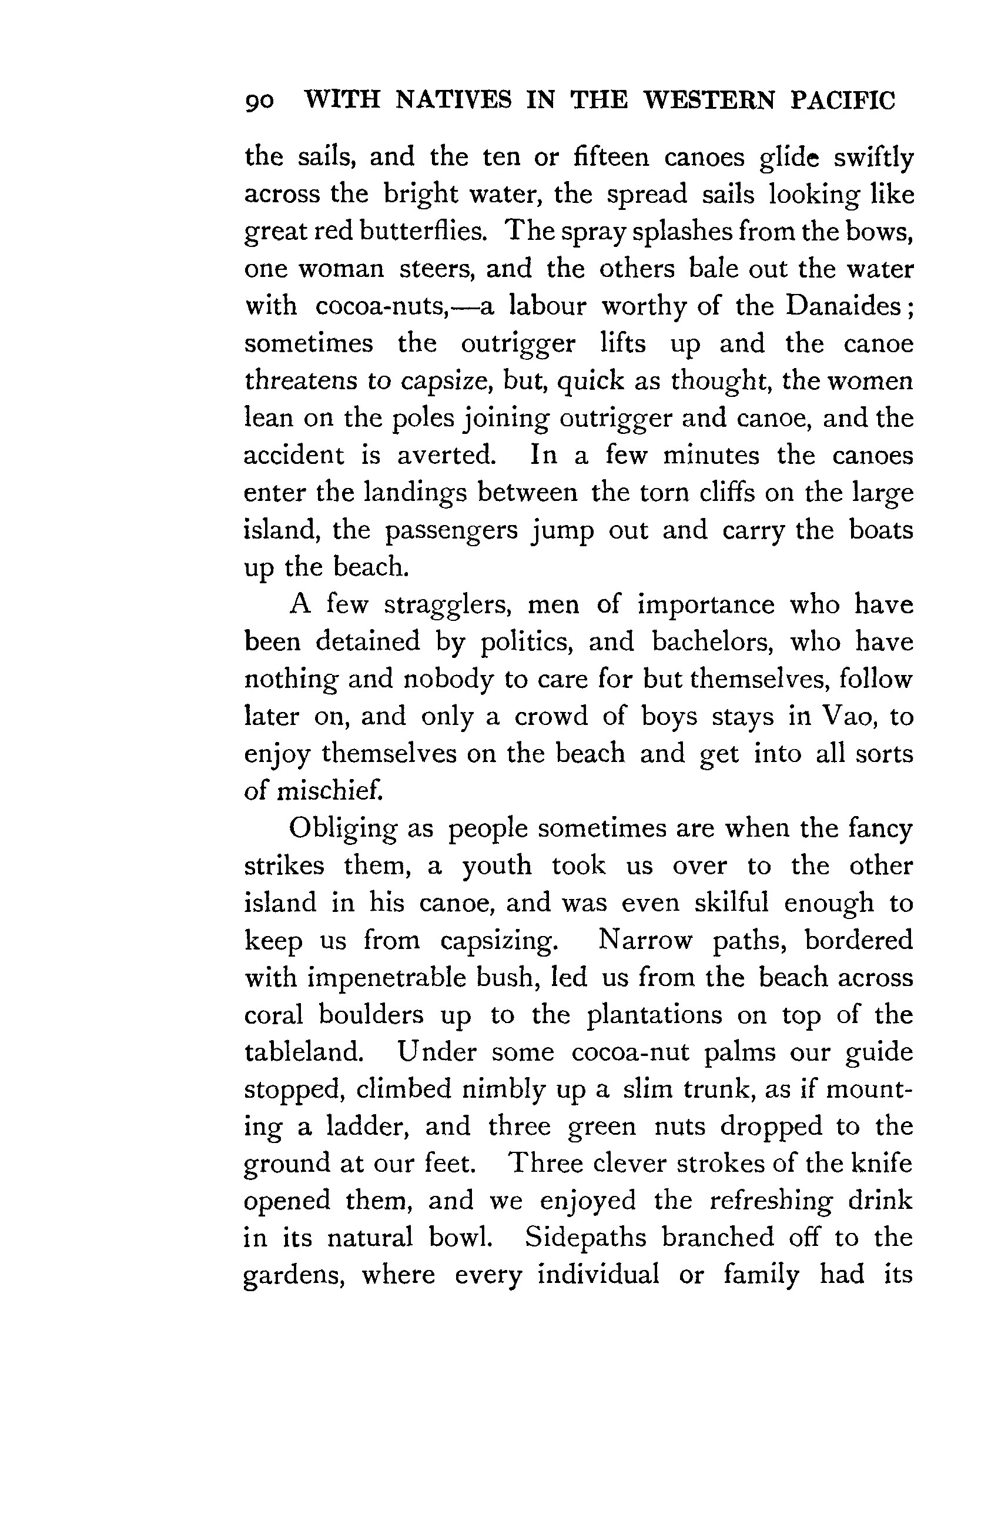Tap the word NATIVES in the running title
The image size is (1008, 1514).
coord(453,101)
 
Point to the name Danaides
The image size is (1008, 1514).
coord(844,306)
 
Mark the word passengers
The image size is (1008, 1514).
coord(451,531)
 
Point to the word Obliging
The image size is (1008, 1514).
coord(342,830)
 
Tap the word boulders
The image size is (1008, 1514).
coord(371,1015)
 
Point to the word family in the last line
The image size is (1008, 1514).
coord(761,1275)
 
